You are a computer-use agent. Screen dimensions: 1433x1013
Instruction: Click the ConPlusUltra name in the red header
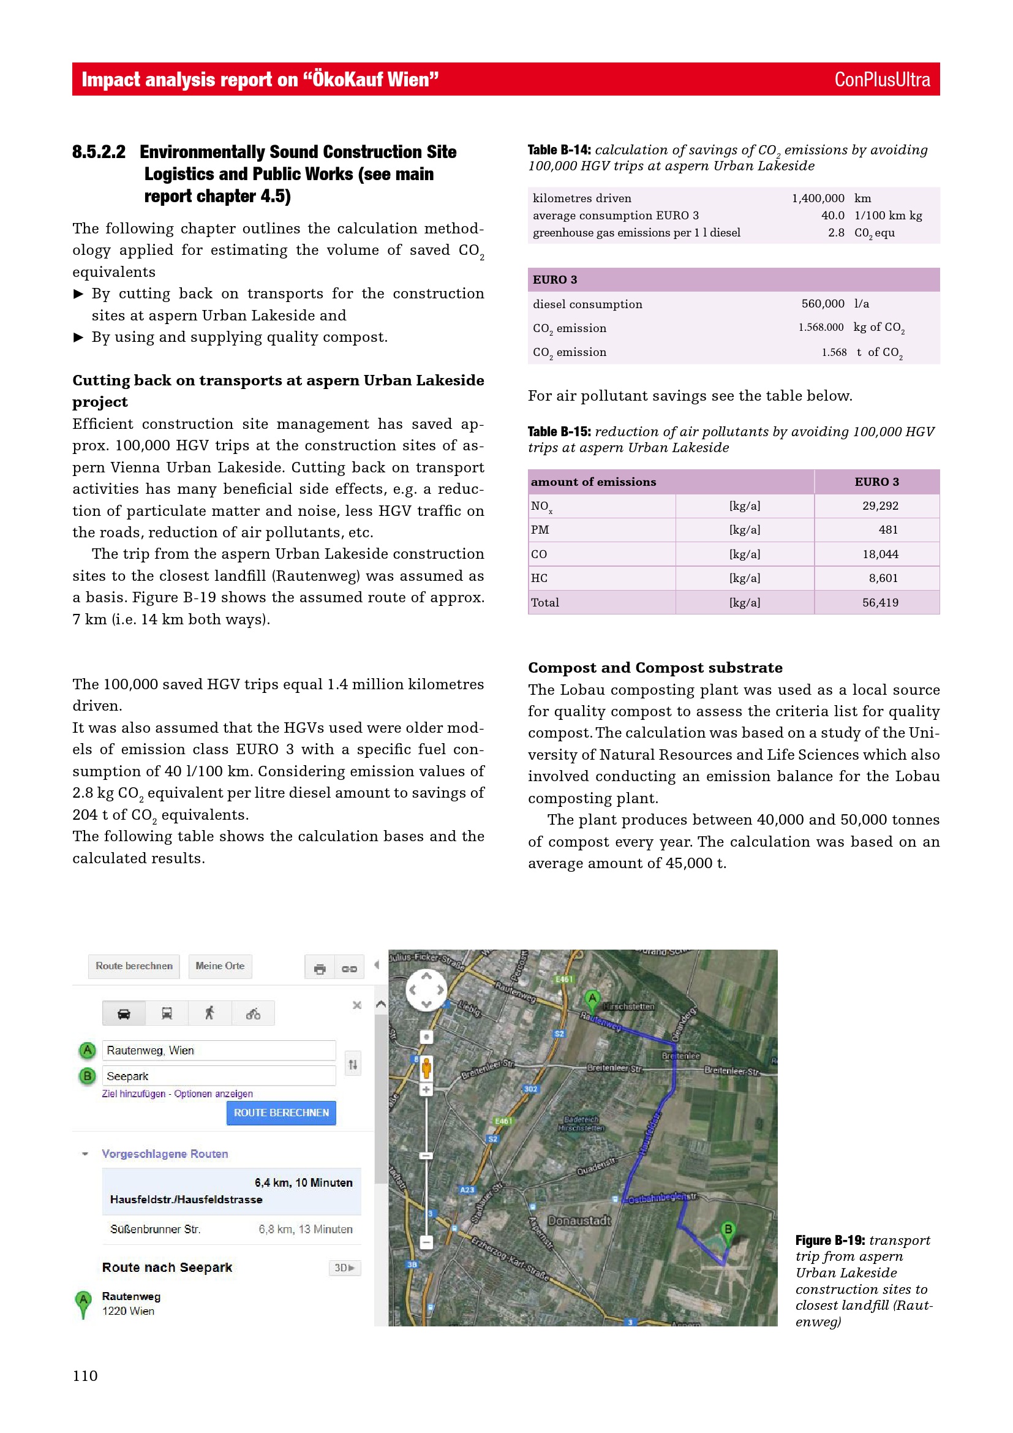pos(881,80)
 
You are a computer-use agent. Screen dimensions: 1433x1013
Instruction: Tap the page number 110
pos(85,1375)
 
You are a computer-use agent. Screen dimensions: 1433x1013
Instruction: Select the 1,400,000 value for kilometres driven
pos(818,199)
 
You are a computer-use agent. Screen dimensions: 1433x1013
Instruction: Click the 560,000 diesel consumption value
pos(822,304)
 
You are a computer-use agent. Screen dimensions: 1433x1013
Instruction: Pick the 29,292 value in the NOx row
pos(879,505)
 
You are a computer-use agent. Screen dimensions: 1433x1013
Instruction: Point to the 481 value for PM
pos(887,530)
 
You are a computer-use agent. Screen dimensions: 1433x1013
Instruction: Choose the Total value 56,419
pos(879,602)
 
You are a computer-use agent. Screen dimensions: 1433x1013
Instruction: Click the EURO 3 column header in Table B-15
pos(876,482)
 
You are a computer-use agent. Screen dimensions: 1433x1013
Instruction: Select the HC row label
pos(539,578)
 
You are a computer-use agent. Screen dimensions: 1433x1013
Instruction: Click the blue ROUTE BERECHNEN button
pos(281,1113)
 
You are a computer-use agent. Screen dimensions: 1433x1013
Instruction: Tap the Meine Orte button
pos(220,966)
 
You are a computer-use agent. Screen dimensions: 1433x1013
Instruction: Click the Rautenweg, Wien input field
pos(218,1051)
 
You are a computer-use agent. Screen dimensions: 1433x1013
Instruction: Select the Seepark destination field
pos(218,1076)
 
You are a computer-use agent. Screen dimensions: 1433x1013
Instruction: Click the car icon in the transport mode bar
pos(124,1013)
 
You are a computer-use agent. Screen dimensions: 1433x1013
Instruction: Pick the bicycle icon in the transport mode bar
pos(252,1013)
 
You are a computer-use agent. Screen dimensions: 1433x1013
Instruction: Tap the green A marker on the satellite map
pos(592,998)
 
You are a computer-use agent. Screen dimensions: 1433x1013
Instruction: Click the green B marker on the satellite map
pos(728,1230)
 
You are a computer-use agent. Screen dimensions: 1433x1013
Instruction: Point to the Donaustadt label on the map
pos(579,1221)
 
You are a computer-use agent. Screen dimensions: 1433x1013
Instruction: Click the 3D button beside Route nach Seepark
pos(344,1268)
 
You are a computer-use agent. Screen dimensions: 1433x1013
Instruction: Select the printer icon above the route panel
pos(319,969)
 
